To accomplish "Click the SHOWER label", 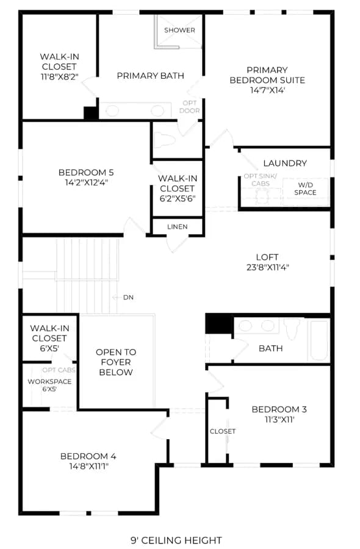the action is point(179,30).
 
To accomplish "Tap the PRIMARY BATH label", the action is point(151,76).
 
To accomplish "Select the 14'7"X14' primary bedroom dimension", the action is point(267,90).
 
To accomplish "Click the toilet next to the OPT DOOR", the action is point(165,139).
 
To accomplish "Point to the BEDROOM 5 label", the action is point(86,173).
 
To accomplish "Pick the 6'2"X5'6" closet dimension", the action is point(178,198).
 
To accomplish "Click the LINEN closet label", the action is point(177,227).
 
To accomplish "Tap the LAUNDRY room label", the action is point(285,163).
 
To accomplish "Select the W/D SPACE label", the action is point(305,188).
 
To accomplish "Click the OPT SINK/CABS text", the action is point(260,180).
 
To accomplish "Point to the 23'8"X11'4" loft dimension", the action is point(267,268).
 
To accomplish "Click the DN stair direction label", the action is point(128,297).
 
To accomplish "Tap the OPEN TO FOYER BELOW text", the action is point(116,362).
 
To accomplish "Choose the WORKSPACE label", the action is point(49,382).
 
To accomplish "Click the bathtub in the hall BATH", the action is point(319,340).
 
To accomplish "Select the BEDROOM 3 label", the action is point(279,409).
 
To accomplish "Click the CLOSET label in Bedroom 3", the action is point(222,431).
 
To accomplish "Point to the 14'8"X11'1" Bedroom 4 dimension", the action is point(88,466).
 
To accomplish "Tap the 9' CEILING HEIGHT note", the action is point(176,540).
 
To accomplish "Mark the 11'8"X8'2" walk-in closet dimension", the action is point(60,77).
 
